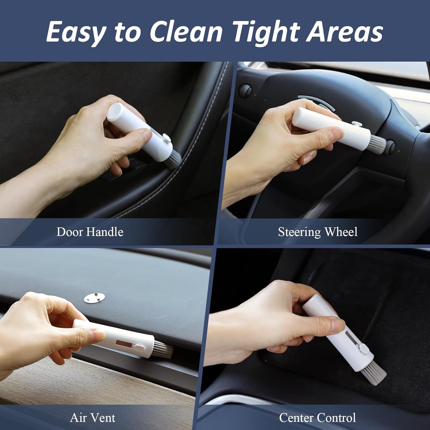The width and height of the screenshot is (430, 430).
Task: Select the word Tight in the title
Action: coord(267,32)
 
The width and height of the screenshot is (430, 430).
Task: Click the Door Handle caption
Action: coord(90,232)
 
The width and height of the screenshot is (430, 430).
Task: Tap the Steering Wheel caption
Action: coord(318,232)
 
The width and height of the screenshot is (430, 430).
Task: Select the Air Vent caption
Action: coord(93,418)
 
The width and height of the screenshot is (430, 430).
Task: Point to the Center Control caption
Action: coord(317,418)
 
